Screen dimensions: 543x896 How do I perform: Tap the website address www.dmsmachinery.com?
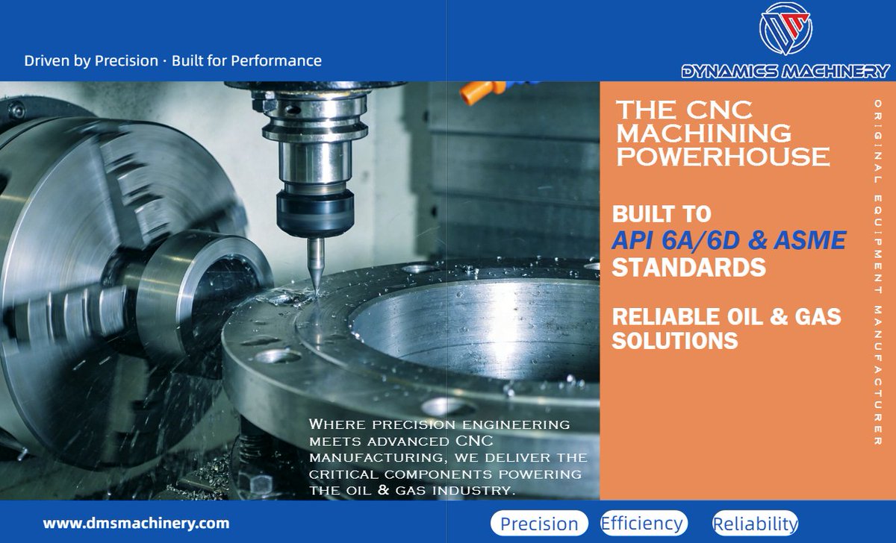[x=136, y=523]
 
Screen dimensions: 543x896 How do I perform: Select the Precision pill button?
[x=539, y=524]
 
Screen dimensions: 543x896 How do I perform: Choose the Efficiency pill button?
[x=642, y=523]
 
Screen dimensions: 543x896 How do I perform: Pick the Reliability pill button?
[x=755, y=524]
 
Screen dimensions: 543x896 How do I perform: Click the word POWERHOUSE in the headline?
[x=722, y=157]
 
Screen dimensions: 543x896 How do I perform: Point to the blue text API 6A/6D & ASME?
[x=729, y=240]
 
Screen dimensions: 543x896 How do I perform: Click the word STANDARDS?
[x=688, y=266]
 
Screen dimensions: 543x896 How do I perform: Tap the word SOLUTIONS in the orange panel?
[x=675, y=341]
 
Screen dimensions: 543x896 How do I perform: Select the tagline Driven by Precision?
[x=91, y=60]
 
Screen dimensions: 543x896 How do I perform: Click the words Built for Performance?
[x=247, y=60]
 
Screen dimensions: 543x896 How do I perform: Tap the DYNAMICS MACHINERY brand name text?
[x=785, y=72]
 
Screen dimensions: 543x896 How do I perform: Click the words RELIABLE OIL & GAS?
[x=726, y=316]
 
